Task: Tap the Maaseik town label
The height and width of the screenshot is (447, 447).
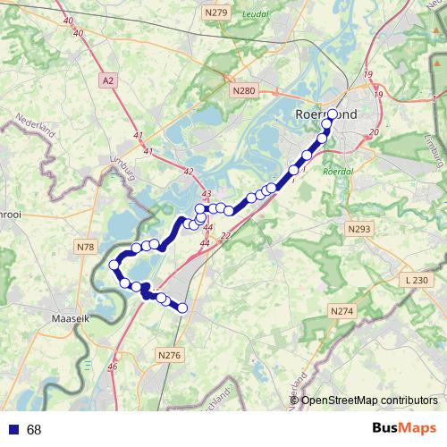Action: (69, 316)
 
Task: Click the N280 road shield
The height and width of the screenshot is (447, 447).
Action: (242, 90)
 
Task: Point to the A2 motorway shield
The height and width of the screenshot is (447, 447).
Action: (109, 80)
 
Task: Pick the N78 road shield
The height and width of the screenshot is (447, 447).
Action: (86, 247)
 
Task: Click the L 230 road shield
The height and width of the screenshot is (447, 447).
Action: (417, 280)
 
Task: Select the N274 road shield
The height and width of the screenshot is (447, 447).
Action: (342, 311)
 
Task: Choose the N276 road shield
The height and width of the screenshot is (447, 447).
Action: (169, 355)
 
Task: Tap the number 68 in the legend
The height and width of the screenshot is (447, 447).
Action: (34, 430)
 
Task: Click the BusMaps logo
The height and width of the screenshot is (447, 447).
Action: (404, 428)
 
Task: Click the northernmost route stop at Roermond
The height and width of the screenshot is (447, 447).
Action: (333, 114)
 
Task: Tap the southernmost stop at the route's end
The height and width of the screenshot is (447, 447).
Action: (182, 308)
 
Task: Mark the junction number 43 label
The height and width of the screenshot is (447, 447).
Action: (207, 194)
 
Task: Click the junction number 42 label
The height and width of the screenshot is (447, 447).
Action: (188, 171)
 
